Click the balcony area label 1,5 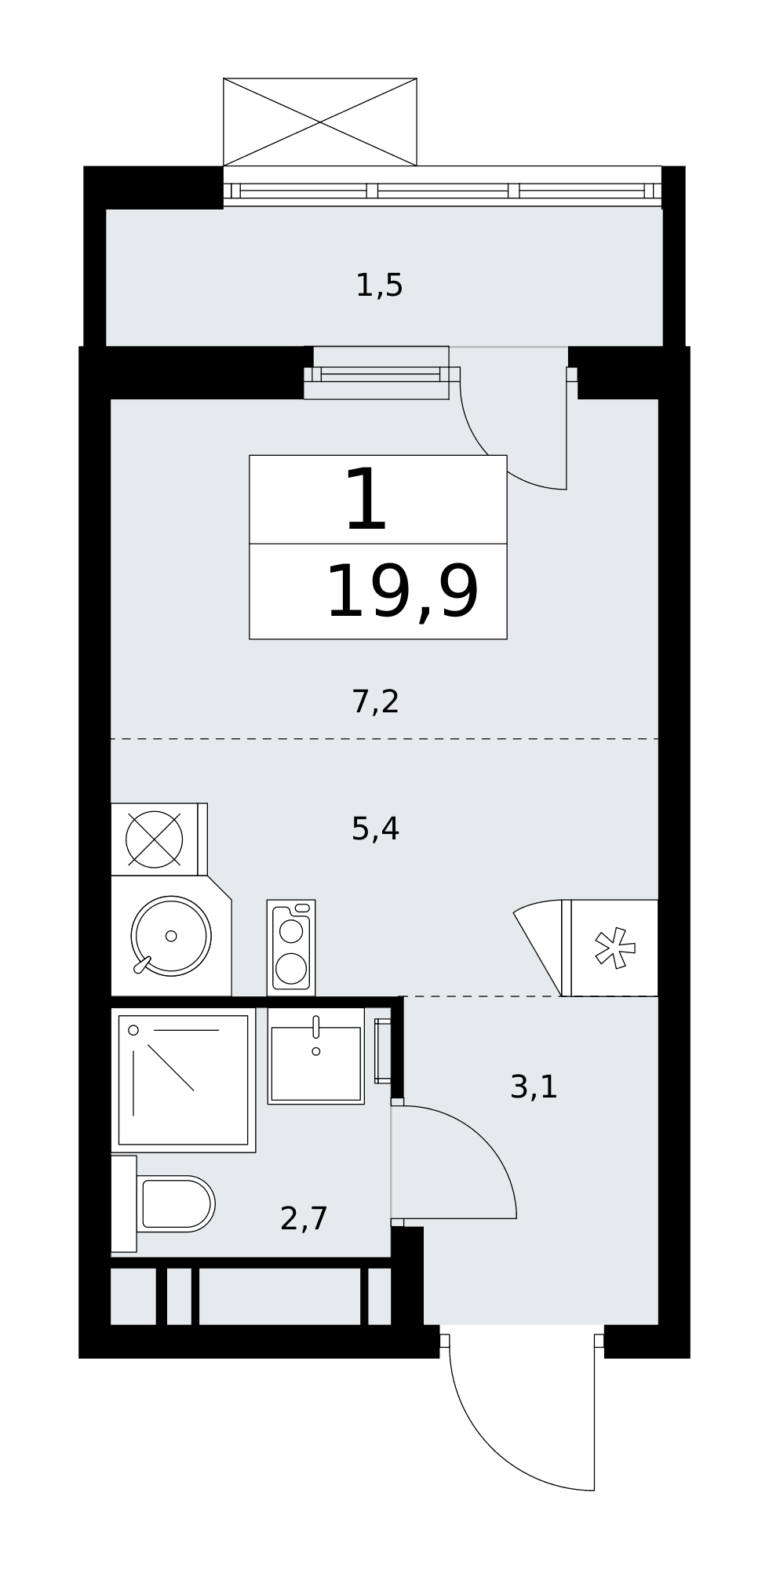[379, 286]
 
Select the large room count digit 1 [367, 499]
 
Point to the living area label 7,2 [376, 701]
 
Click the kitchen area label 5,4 [376, 828]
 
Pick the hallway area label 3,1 [534, 1087]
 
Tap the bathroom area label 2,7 [304, 1218]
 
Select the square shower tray [184, 1080]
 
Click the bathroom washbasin [316, 1056]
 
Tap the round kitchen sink [171, 936]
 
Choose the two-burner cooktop [291, 948]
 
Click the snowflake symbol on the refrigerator [614, 948]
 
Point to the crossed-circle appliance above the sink [155, 839]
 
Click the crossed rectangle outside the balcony [320, 122]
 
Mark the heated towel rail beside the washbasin [383, 1051]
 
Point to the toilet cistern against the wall [124, 1203]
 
